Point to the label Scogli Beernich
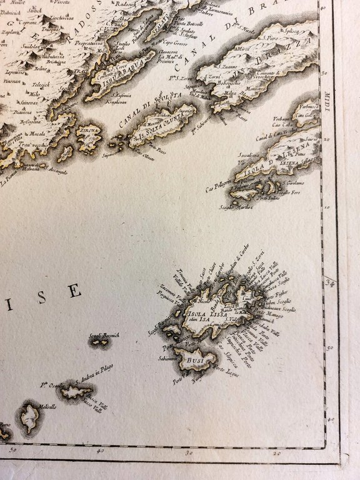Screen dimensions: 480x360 104,335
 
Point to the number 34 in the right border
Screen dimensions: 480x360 331,284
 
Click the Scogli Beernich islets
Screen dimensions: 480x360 98,342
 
